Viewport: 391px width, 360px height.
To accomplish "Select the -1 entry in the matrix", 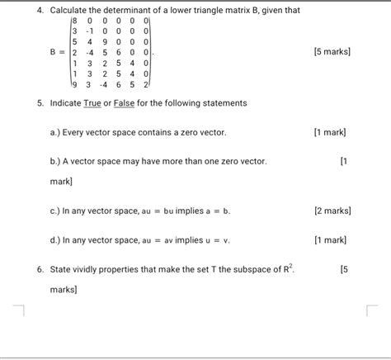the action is tap(91, 29).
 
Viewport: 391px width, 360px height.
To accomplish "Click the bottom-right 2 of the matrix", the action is tap(145, 83).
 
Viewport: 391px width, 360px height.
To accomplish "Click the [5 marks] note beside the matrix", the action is tap(332, 51).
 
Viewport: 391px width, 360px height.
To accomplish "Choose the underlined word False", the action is tap(126, 103).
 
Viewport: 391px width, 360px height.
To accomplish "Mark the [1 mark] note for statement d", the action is tap(331, 239).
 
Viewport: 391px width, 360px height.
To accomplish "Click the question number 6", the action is tap(39, 270).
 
